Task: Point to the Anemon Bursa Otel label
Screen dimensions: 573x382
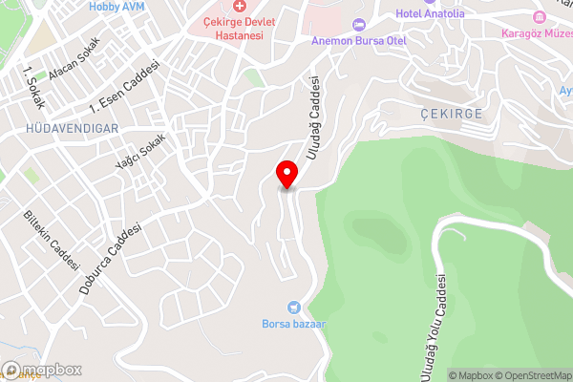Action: coord(359,42)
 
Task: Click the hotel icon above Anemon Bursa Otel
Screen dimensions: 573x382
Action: coord(359,24)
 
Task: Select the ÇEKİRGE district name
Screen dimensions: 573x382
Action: coord(452,113)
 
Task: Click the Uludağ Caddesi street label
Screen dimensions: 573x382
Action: coord(312,119)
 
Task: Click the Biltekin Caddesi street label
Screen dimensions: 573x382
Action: coord(52,240)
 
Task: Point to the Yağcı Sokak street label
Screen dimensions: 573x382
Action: coord(140,151)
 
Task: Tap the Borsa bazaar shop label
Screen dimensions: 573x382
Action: coord(294,324)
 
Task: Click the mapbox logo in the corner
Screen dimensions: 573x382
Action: coord(42,370)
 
